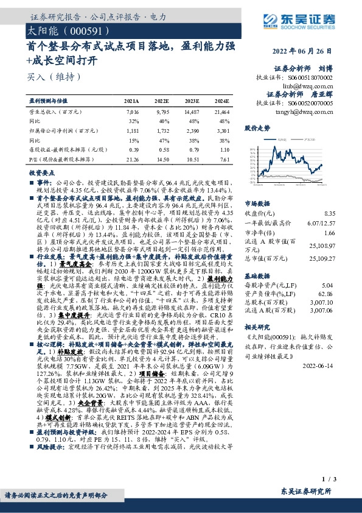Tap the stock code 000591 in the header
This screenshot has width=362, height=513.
(x=75, y=29)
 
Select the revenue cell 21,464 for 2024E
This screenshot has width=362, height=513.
(x=221, y=113)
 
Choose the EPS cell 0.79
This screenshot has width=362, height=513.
(x=192, y=149)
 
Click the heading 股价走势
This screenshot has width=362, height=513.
(x=257, y=129)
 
